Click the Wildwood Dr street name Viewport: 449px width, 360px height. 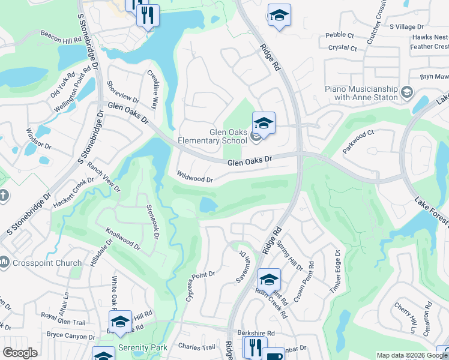(x=195, y=179)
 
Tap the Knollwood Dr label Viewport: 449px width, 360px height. (x=123, y=238)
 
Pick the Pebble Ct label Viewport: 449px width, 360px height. (x=340, y=35)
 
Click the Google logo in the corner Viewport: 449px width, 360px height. (x=20, y=353)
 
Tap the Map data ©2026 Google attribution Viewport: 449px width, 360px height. (x=405, y=355)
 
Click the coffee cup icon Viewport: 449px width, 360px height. (x=274, y=355)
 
